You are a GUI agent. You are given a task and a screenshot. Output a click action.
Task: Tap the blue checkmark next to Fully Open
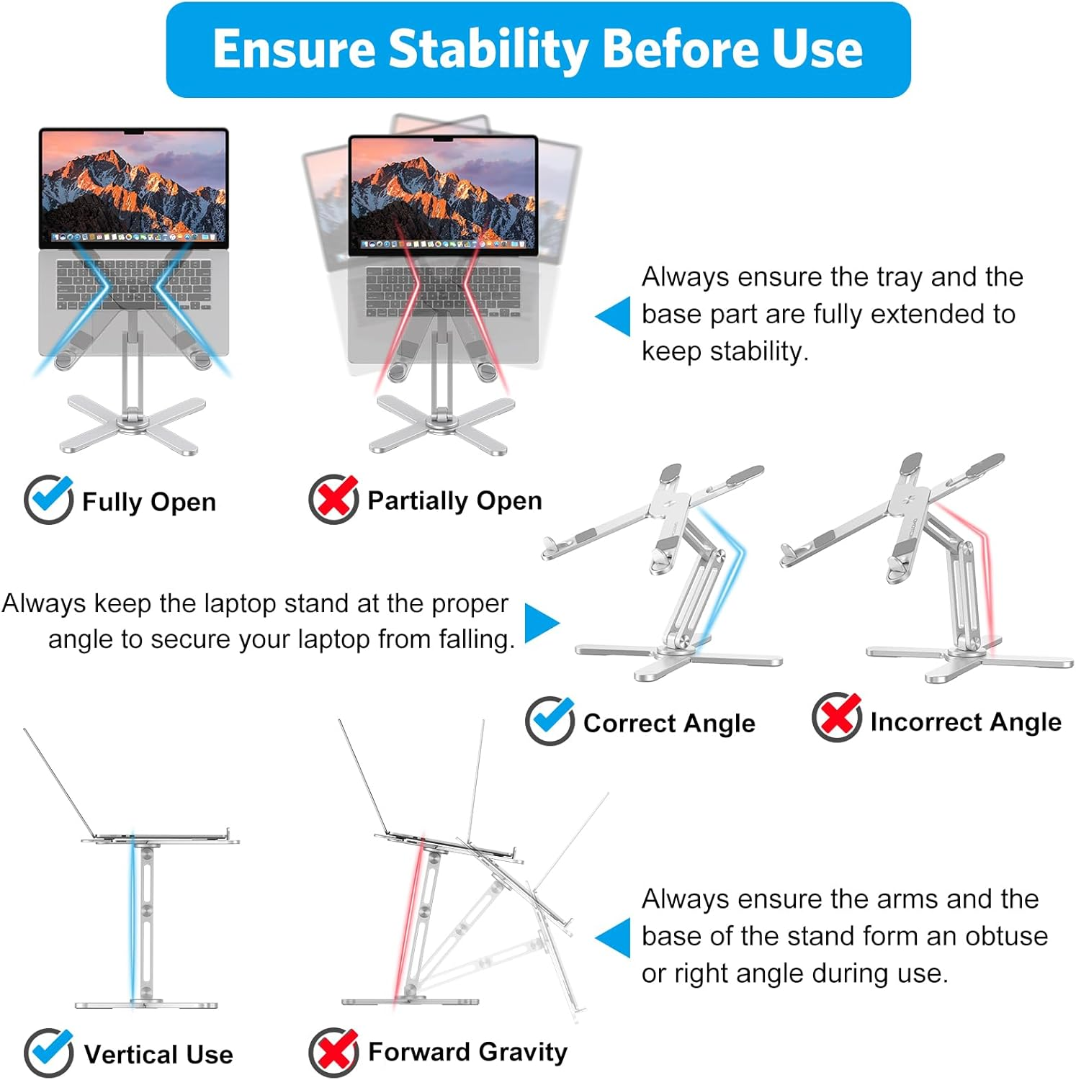coord(48,499)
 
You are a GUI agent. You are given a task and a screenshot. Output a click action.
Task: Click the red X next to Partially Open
coord(333,499)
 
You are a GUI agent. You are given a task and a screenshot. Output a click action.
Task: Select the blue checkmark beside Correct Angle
coord(550,720)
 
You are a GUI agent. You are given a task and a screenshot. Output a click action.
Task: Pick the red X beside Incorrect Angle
coord(836,717)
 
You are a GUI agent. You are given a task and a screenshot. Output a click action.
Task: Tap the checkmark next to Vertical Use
coord(48,1053)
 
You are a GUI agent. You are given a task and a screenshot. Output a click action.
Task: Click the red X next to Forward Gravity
coord(333,1052)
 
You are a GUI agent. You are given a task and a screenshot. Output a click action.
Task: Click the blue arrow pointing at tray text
coord(614,316)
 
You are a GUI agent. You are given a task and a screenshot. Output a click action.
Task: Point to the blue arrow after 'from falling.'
coord(541,623)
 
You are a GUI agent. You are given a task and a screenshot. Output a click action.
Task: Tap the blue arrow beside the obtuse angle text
coord(614,937)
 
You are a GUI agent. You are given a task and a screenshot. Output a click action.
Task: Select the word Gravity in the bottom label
coord(522,1052)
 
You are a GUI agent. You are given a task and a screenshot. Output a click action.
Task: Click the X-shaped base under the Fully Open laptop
coord(133,425)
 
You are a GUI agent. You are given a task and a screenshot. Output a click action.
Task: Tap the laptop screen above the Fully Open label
coord(133,187)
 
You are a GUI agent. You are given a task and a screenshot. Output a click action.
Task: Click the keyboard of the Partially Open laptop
coord(442,292)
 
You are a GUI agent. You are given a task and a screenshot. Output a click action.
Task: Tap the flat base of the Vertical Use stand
coord(146,1004)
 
